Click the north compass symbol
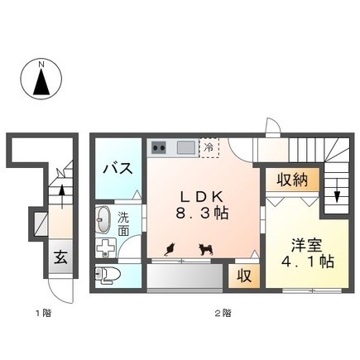tap(41, 79)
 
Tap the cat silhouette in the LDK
tap(170, 249)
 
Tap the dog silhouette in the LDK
tap(206, 249)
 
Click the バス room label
tap(118, 168)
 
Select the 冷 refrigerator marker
tap(209, 148)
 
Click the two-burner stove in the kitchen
tap(159, 148)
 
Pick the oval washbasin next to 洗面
tap(102, 219)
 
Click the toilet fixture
tap(108, 275)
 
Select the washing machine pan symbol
tap(106, 247)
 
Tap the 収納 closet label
tap(292, 180)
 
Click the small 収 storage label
tap(244, 276)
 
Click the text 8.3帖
tap(202, 213)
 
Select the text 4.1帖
tap(308, 262)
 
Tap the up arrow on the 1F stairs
tap(62, 196)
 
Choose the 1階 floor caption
tap(44, 313)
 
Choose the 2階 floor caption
tap(223, 313)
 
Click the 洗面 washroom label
tap(123, 223)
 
